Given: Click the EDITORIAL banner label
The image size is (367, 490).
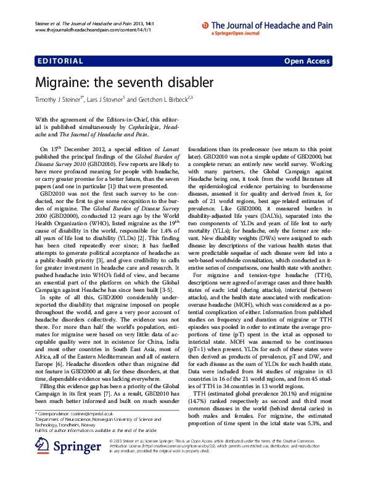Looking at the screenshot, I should (60, 61).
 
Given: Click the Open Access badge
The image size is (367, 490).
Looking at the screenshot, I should (307, 61).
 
